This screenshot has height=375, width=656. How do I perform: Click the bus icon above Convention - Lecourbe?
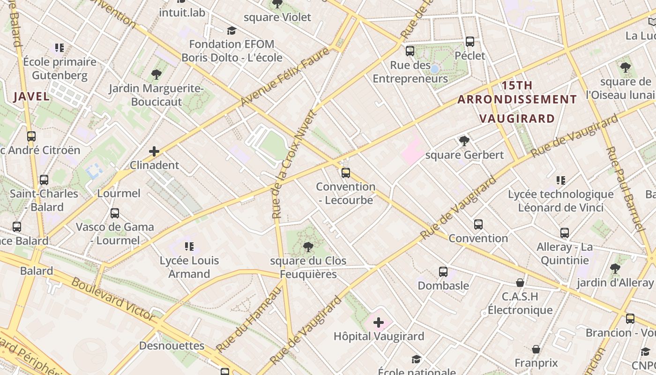346,172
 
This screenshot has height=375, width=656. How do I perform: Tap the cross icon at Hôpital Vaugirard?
379,322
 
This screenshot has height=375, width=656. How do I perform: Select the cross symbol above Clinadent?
154,151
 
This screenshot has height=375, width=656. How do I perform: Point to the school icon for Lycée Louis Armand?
189,247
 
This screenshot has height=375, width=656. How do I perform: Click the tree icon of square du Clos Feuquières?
308,247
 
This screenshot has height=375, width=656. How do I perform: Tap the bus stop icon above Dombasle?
443,272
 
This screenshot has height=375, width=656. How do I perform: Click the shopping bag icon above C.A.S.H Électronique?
520,283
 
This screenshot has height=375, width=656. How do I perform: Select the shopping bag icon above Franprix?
536,349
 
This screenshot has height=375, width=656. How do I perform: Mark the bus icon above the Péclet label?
470,42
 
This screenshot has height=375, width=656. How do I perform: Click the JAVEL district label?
31,97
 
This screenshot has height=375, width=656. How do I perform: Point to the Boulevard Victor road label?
113,299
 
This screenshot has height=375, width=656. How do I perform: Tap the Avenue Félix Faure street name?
285,76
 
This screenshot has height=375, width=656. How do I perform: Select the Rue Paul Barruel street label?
624,189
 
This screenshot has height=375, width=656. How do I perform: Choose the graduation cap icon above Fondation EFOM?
231,31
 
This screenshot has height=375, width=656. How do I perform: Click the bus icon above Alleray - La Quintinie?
565,233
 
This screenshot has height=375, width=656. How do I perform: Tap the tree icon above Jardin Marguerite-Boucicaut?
157,75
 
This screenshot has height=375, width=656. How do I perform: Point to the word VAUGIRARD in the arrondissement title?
517,119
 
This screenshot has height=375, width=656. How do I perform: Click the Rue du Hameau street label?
250,319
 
